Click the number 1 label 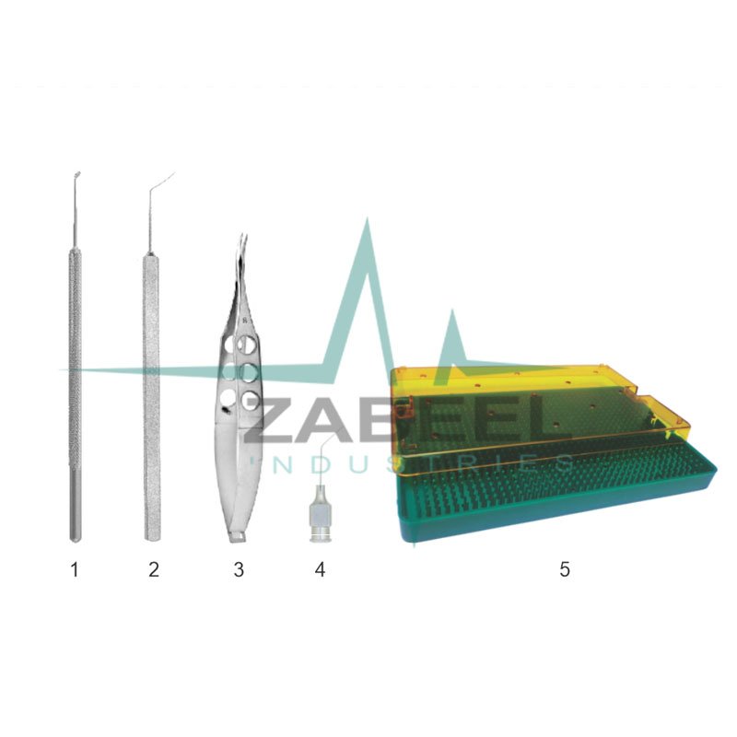pyautogui.click(x=75, y=569)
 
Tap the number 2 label pyautogui.click(x=154, y=569)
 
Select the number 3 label pyautogui.click(x=239, y=569)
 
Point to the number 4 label pyautogui.click(x=320, y=569)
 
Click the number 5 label pyautogui.click(x=565, y=569)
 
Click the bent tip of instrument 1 pyautogui.click(x=78, y=173)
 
